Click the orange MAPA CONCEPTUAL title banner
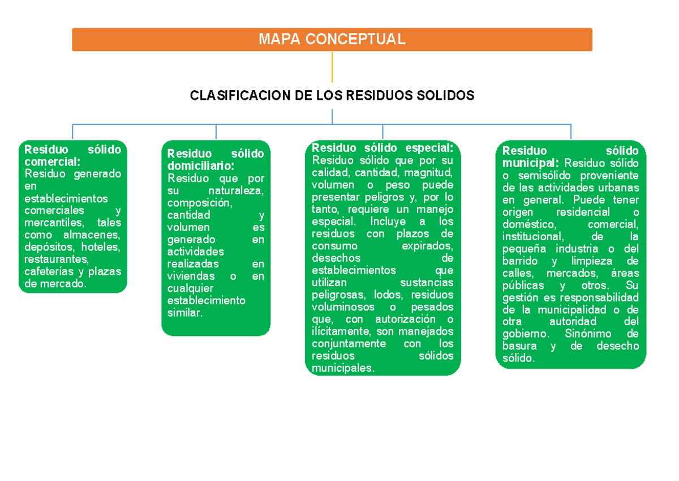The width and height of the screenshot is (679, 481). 332,39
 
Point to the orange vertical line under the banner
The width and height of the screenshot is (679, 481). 332,67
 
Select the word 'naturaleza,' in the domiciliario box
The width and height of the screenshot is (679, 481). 236,190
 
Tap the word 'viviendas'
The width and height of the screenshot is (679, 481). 191,276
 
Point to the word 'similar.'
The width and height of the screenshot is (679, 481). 184,313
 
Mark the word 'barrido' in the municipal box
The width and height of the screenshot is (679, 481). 522,261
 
